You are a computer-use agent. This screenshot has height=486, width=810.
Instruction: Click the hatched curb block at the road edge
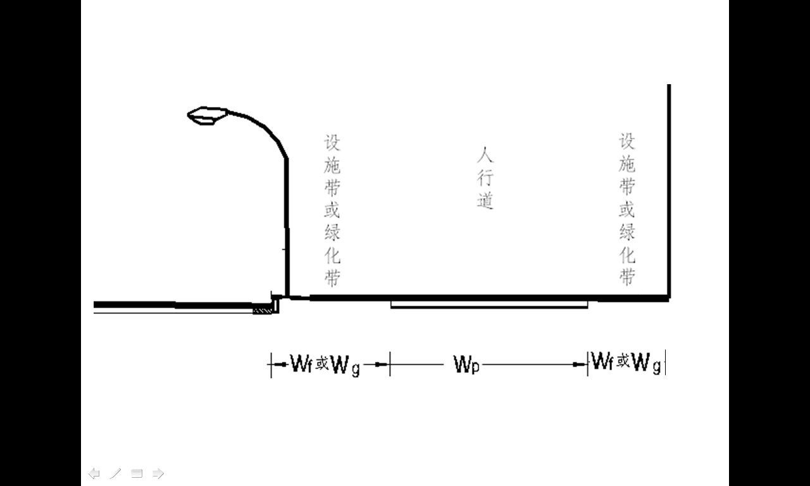coord(262,310)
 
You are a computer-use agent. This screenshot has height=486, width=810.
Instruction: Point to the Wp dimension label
coord(466,364)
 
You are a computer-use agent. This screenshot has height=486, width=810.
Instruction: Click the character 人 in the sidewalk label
coord(485,155)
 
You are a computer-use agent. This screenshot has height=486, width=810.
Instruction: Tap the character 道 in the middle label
coord(485,201)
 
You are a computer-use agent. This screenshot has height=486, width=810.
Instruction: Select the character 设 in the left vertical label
coord(332,143)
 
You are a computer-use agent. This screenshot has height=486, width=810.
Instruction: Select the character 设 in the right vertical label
coord(627,141)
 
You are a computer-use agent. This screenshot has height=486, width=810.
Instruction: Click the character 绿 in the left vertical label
coord(332,232)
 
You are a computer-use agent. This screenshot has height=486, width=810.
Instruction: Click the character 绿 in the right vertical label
coord(627,232)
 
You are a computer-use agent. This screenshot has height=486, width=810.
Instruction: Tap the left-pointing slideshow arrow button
coord(94,473)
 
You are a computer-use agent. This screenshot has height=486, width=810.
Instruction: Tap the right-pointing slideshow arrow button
coord(158,473)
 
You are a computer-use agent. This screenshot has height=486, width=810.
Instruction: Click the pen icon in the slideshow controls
coord(115,473)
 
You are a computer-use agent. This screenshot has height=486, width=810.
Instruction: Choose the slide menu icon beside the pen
coord(137,473)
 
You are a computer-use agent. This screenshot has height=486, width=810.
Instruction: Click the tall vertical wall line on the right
coord(669,192)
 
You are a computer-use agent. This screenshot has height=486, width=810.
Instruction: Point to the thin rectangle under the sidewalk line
coord(489,305)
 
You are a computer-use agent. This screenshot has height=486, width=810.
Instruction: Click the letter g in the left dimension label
coord(356,369)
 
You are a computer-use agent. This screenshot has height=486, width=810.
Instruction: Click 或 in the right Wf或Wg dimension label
coord(623,361)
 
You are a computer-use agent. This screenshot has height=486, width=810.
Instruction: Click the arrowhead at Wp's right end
coord(579,364)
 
